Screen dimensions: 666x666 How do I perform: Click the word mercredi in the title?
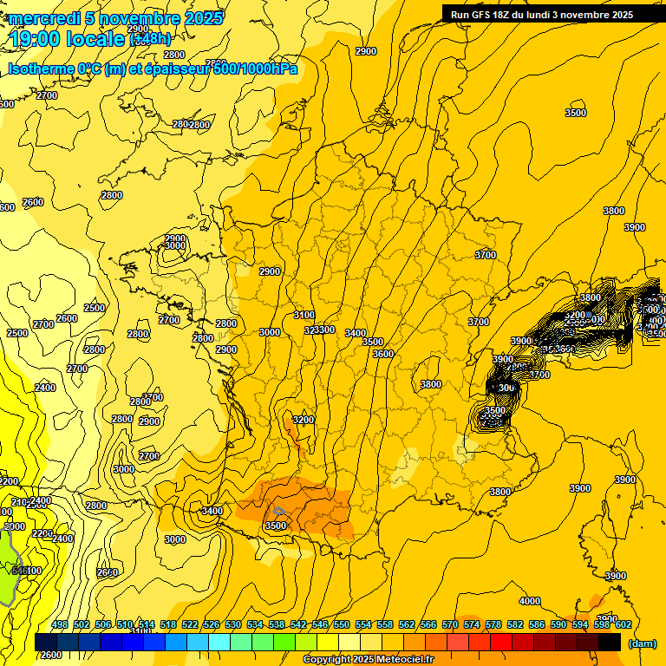point(43,18)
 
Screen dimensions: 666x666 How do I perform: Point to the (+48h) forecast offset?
point(150,39)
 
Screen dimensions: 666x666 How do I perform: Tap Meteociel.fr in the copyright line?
point(400,660)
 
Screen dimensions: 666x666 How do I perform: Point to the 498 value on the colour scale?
point(60,625)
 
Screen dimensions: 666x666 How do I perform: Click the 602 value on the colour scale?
point(624,625)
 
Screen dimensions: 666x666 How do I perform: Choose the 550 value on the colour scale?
point(342,625)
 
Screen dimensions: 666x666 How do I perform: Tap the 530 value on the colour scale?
point(233,625)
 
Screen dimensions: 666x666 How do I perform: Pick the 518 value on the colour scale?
point(168,625)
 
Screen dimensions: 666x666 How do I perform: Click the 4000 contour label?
point(529,601)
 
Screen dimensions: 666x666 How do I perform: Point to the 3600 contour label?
point(383,354)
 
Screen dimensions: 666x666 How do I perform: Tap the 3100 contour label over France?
point(304,315)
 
